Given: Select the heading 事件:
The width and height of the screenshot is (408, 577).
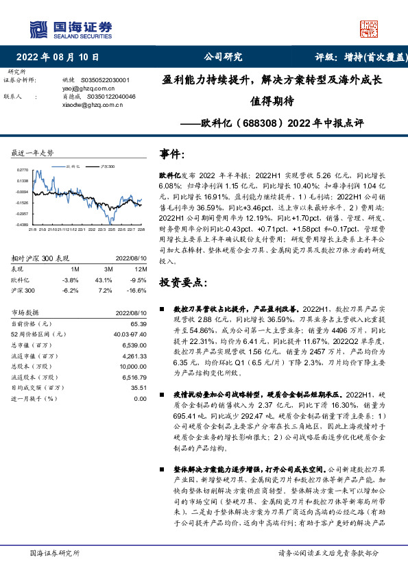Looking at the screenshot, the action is tap(172, 155).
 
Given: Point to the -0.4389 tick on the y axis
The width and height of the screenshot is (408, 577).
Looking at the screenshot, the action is tap(23, 224).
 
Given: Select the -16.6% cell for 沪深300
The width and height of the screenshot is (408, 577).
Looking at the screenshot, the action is tap(137, 271).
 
